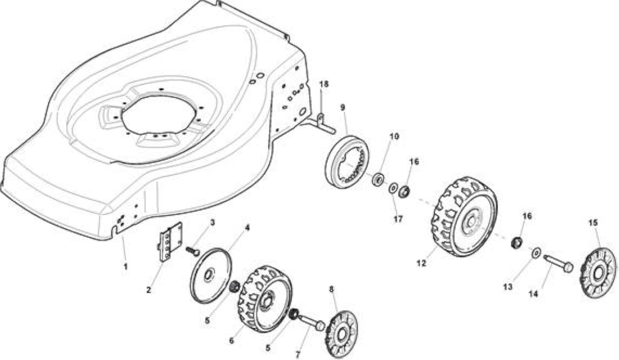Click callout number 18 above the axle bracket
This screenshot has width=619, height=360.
coord(324,84)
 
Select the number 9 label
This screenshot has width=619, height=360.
coord(343,107)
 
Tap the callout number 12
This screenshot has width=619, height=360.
coord(421,263)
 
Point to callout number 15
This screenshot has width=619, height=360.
coord(593,223)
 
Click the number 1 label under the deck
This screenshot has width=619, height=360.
coord(125,267)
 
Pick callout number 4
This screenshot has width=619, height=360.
coord(247,227)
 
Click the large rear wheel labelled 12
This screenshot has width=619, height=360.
coord(464,217)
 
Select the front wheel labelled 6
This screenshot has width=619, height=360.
coord(265,299)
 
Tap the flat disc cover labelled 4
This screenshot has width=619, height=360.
coord(211,276)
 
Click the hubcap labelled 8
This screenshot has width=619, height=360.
coord(341,334)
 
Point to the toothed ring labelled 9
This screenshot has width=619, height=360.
coord(347,162)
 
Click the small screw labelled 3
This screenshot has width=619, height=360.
coord(192,251)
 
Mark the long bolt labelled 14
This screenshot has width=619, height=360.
coord(558,262)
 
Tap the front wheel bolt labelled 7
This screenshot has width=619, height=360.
coord(311,322)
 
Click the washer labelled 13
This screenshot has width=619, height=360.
coord(536,253)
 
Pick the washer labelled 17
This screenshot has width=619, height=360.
coord(393,188)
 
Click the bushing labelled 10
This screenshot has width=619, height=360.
coord(378,179)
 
